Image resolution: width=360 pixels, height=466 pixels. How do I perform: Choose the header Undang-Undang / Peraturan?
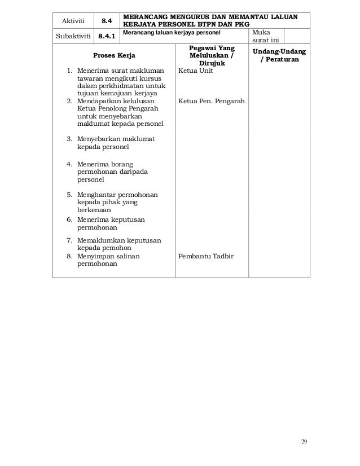pyautogui.click(x=276, y=55)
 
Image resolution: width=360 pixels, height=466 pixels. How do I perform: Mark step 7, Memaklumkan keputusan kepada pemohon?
pyautogui.click(x=119, y=244)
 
